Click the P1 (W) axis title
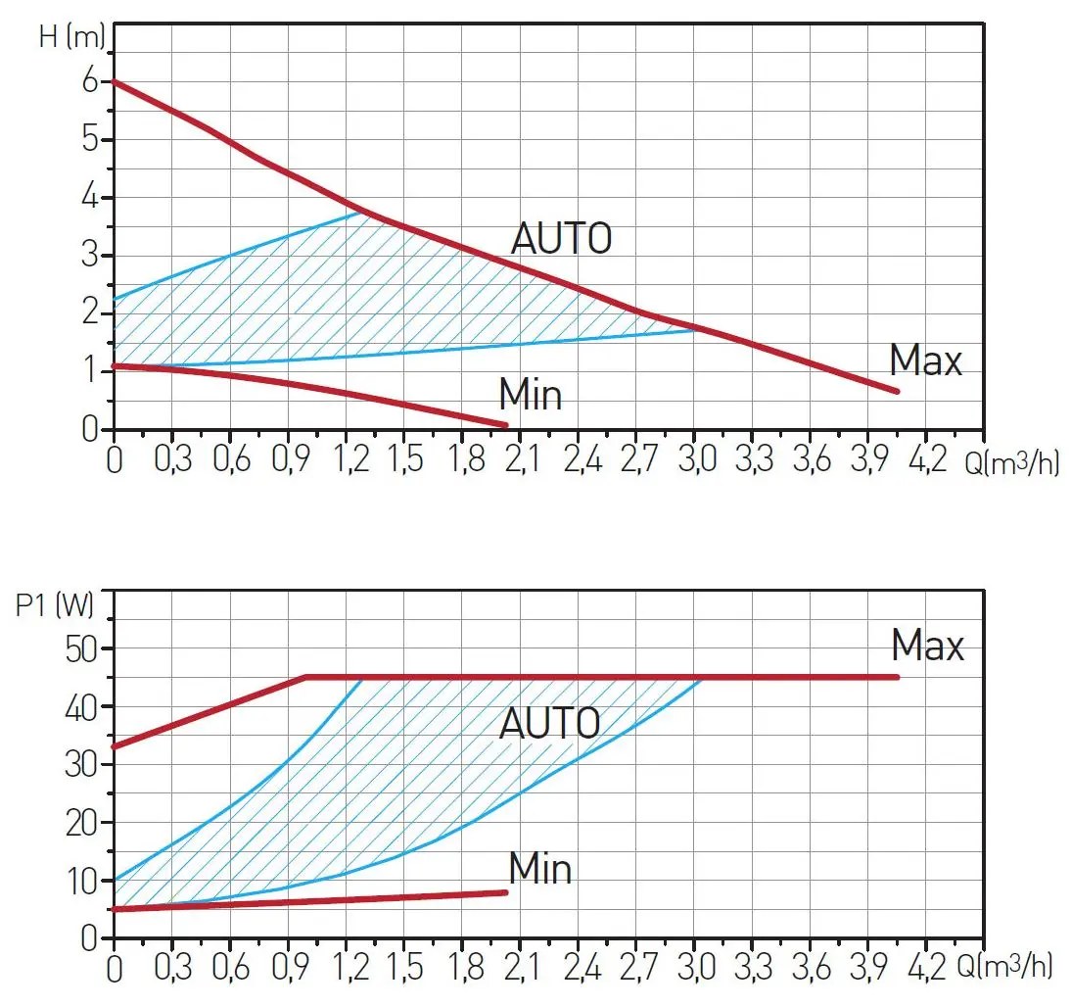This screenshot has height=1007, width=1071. tap(55, 605)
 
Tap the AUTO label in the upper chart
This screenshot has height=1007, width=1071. tap(562, 238)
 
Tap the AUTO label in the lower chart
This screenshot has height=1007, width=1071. tap(549, 723)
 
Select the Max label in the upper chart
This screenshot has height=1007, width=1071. tap(925, 360)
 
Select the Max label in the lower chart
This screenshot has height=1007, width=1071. tap(927, 646)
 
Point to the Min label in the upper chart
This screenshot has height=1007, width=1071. tap(531, 395)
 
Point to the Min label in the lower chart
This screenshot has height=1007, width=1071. tap(539, 868)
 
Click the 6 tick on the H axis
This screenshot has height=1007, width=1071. tap(90, 81)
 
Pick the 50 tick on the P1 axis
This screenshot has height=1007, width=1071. tap(83, 648)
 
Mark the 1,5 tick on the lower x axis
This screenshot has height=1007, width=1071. tap(404, 969)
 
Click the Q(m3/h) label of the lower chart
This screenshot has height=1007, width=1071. tap(1008, 969)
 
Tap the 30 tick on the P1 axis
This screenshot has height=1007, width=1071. tap(83, 765)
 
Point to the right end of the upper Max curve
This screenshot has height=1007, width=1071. tap(897, 392)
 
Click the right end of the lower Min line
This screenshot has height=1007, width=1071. tap(506, 891)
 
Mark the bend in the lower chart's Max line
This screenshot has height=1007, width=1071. tap(306, 677)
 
